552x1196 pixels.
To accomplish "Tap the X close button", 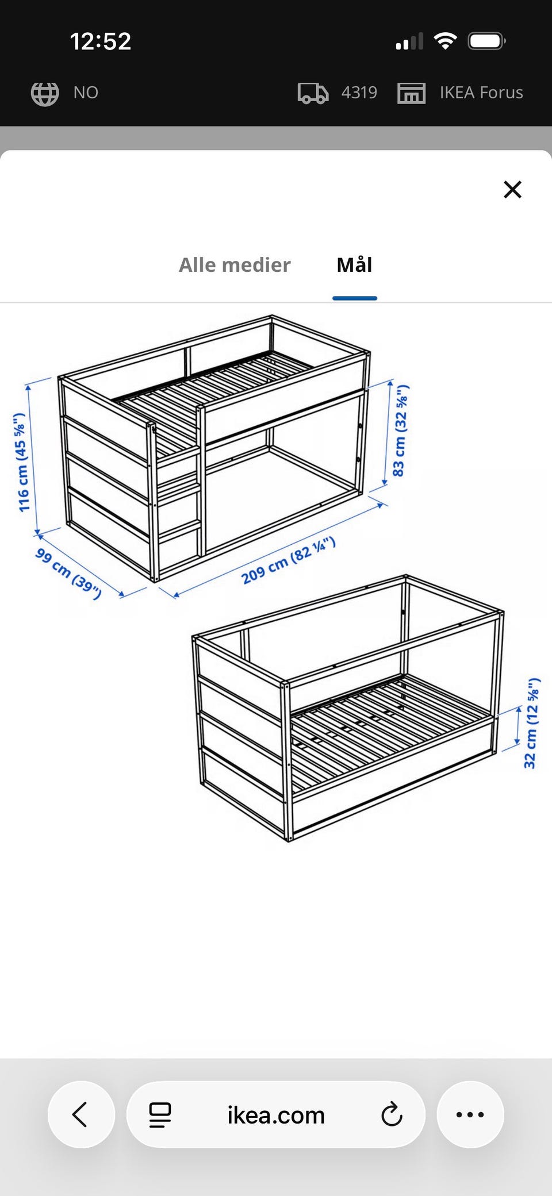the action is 512,189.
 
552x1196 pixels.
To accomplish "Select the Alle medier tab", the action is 235,265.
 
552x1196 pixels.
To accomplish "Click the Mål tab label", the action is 354,265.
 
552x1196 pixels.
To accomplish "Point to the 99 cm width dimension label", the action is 68,573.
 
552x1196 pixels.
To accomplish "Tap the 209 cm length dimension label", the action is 288,560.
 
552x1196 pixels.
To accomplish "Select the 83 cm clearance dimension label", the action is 400,430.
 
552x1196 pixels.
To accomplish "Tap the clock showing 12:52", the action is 101,41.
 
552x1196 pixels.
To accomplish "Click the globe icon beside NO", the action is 45,93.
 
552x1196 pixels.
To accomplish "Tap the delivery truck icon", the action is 313,93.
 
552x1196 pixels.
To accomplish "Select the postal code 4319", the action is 359,93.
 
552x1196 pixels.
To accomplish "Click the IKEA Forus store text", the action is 481,93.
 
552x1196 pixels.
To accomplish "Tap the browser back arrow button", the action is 81,1114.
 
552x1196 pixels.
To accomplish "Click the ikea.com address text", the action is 276,1115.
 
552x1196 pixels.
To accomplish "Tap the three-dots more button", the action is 470,1114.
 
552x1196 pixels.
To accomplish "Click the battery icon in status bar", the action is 486,41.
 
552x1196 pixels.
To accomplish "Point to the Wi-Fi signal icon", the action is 445,41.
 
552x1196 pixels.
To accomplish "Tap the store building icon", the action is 411,93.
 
